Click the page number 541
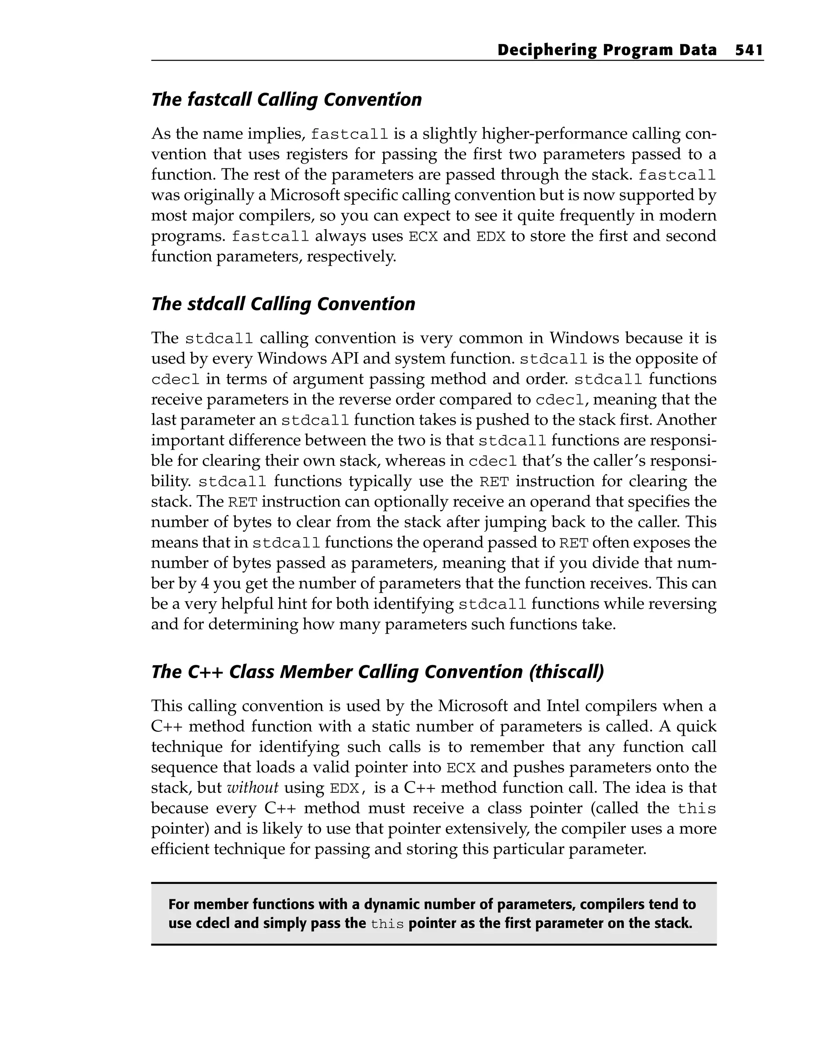click(x=749, y=50)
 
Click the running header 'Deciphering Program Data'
click(x=607, y=50)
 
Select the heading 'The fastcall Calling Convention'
click(x=287, y=100)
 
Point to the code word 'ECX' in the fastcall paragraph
click(x=423, y=237)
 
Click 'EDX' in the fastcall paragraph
click(x=491, y=237)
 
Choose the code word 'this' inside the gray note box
click(x=387, y=924)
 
